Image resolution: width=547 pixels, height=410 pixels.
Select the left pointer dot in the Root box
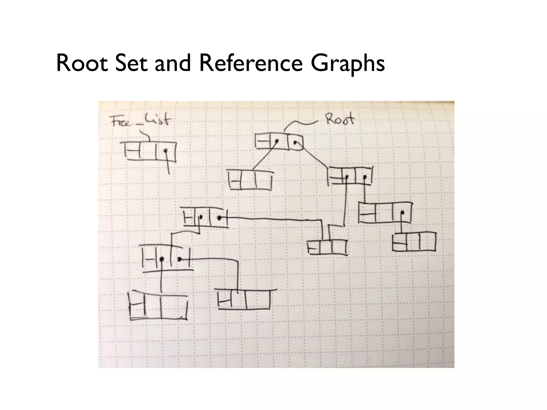277,141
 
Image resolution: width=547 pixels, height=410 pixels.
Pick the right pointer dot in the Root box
294,142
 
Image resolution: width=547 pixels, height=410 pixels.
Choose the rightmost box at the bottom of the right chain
414,242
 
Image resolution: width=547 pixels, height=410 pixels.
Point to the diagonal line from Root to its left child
264,157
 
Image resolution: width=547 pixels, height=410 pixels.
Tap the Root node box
279,141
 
